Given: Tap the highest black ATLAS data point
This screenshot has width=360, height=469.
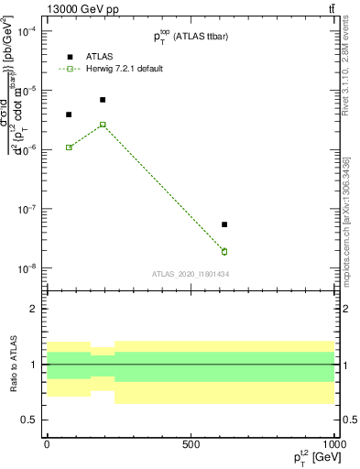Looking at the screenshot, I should [103, 100].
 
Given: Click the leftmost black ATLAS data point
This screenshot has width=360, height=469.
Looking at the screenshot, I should [69, 115].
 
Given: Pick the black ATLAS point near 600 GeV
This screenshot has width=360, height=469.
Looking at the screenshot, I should [224, 224].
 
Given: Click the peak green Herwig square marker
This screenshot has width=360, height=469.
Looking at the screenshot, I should [103, 125].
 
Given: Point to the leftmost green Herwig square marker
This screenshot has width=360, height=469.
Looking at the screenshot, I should [69, 147].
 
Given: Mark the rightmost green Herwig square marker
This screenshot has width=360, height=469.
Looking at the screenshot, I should [224, 251].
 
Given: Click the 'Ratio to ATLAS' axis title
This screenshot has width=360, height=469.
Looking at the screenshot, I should [12, 364].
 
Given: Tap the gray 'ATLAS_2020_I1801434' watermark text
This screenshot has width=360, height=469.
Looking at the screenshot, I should [191, 274].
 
